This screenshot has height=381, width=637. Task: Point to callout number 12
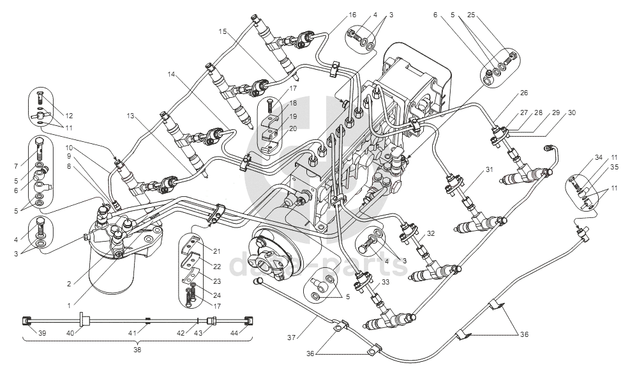click(70, 116)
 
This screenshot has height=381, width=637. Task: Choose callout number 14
click(171, 74)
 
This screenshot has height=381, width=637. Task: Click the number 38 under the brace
click(137, 350)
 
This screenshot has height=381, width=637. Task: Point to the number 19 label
click(292, 117)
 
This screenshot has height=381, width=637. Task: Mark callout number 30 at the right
click(571, 113)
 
